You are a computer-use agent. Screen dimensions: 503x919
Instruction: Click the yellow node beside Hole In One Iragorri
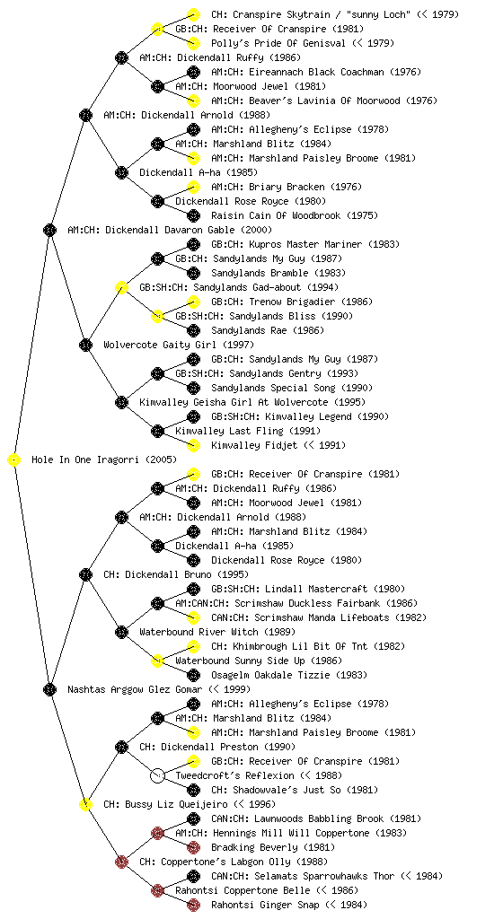[x=14, y=460]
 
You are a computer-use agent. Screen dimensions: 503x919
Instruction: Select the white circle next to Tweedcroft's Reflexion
[x=157, y=776]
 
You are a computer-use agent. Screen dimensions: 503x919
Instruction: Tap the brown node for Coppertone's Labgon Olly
[x=121, y=862]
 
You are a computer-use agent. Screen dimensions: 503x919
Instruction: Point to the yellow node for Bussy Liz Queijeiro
[x=85, y=805]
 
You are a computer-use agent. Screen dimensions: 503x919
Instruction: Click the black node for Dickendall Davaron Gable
[x=49, y=231]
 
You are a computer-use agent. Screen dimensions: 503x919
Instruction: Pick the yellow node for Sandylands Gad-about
[x=121, y=288]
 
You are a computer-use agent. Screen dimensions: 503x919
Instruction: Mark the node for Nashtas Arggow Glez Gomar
[x=49, y=690]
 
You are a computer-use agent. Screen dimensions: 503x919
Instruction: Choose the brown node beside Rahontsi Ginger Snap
[x=193, y=905]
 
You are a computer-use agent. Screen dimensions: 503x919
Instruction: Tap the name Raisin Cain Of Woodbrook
[x=276, y=215]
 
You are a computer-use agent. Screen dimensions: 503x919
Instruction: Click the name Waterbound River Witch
[x=199, y=632]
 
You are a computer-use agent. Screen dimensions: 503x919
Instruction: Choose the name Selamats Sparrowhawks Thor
[x=324, y=876]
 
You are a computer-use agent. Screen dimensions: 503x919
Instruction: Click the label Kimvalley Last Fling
[x=229, y=431]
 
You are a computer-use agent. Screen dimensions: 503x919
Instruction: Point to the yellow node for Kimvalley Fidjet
[x=193, y=445]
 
